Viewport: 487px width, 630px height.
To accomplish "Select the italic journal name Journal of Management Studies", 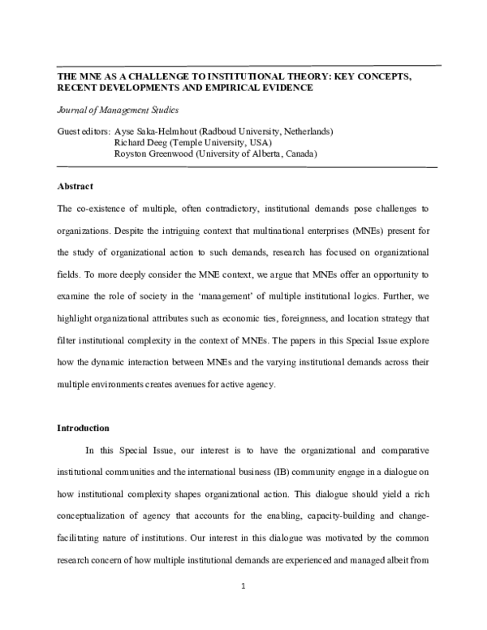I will pos(118,110).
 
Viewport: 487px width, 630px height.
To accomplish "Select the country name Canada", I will pos(297,153).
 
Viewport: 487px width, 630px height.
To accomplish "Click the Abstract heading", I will pos(75,187).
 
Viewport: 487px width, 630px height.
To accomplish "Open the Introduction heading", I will pos(82,428).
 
